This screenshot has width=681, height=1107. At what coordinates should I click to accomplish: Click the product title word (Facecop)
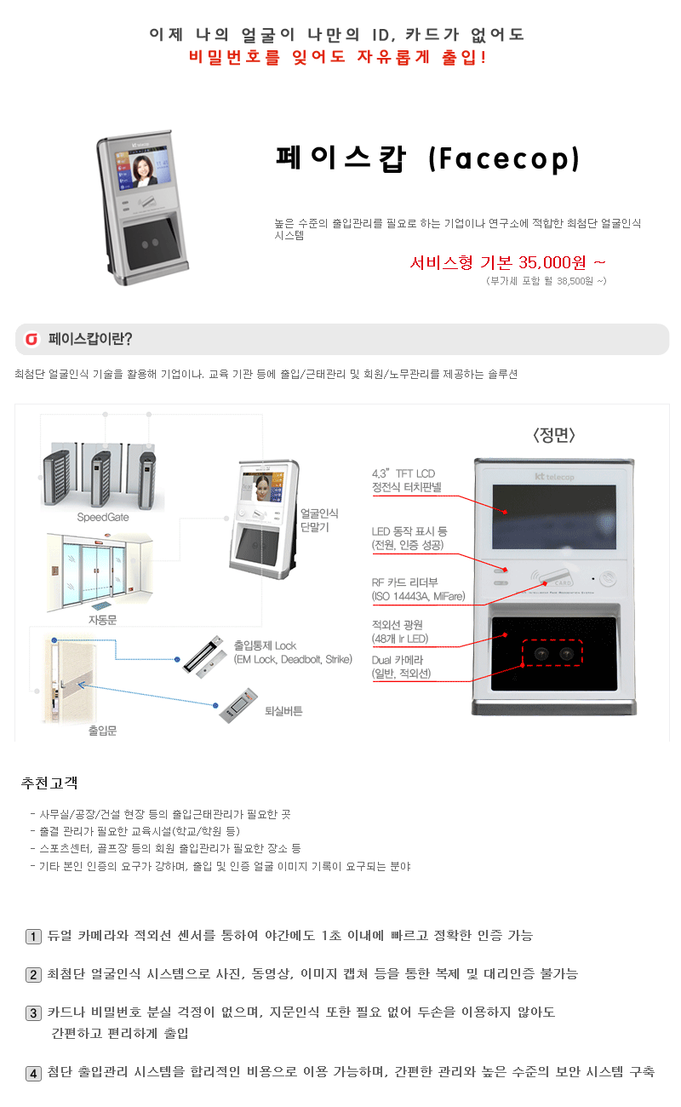504,159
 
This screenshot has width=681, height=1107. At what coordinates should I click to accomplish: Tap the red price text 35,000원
552,262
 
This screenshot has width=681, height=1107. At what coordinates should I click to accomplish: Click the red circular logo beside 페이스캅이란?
32,339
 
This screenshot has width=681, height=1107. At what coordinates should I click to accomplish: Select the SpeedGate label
103,518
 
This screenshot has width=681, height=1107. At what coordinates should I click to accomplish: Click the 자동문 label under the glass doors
102,620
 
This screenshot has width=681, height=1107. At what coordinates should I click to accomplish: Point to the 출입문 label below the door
102,731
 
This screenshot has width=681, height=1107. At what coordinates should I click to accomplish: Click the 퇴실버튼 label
283,711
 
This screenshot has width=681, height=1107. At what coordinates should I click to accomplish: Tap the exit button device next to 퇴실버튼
238,705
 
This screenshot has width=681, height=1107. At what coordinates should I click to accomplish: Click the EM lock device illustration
202,657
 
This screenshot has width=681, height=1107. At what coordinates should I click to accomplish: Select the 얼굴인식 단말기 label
319,520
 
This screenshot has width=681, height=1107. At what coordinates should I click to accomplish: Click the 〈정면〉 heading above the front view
554,435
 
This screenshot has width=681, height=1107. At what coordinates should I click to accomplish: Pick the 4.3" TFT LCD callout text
403,474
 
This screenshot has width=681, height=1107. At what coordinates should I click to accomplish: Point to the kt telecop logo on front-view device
554,477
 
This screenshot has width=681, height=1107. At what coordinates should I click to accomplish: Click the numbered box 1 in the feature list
33,937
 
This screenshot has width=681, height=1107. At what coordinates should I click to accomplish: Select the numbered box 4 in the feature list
33,1074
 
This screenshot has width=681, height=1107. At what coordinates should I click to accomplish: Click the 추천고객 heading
49,783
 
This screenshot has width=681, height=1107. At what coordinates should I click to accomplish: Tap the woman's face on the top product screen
143,167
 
